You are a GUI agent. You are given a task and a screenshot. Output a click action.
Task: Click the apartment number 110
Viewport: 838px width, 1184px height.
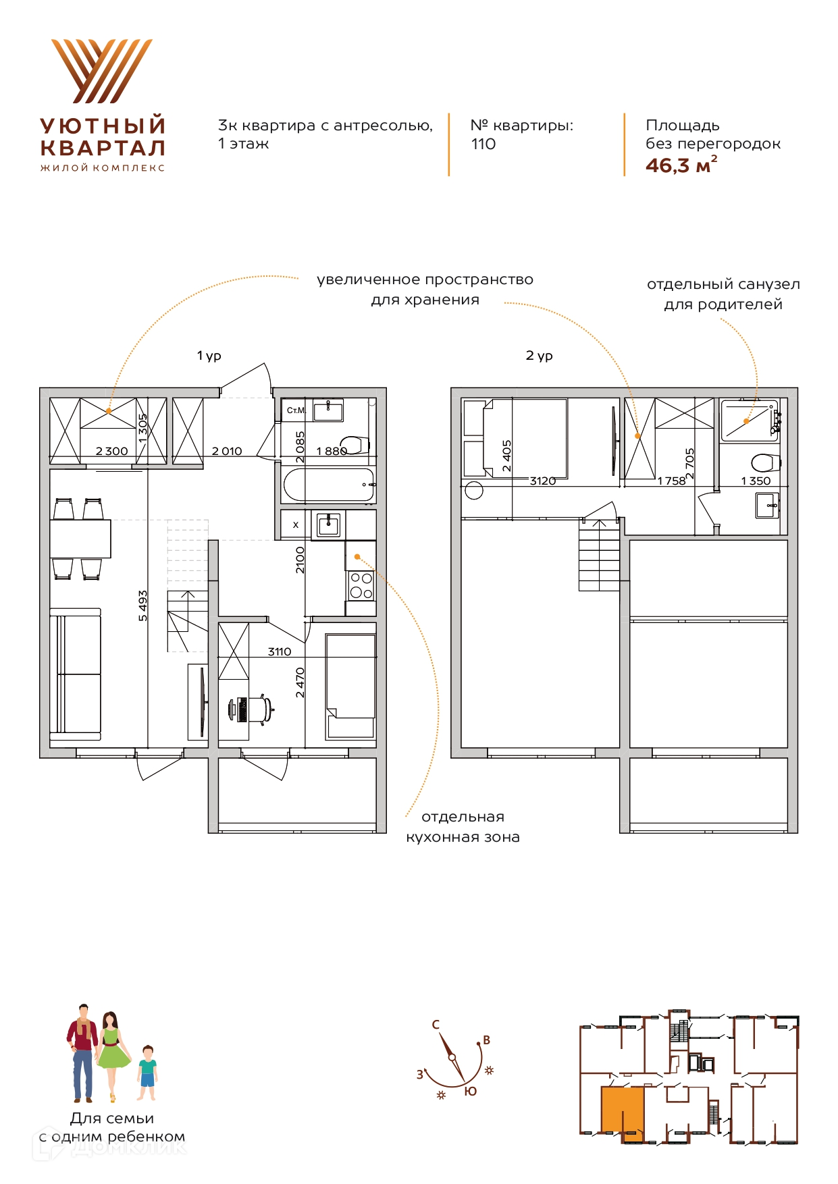(483, 144)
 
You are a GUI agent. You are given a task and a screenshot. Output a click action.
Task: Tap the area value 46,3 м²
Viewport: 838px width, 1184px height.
(681, 165)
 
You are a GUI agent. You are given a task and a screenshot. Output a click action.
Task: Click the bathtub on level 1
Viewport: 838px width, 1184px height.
(329, 485)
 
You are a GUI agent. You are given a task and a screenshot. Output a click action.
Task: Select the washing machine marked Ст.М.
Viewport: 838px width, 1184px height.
(296, 410)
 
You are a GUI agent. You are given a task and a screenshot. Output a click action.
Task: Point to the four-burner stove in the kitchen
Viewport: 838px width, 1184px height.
(361, 585)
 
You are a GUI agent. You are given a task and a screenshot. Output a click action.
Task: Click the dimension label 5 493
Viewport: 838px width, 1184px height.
(142, 606)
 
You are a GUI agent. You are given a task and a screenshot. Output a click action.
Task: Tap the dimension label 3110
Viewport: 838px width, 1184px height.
(280, 651)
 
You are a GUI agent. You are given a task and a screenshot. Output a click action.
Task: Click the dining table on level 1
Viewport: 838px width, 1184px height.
(80, 538)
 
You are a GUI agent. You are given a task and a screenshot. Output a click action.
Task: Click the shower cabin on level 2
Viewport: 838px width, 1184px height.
(750, 421)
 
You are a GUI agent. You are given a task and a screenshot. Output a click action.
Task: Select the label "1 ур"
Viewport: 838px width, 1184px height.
(209, 356)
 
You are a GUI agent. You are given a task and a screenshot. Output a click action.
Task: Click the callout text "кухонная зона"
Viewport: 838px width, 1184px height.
(463, 837)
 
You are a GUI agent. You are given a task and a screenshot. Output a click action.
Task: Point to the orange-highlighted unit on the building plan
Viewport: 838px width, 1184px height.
(621, 1111)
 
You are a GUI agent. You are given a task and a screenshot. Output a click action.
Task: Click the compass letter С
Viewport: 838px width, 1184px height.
(436, 1024)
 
